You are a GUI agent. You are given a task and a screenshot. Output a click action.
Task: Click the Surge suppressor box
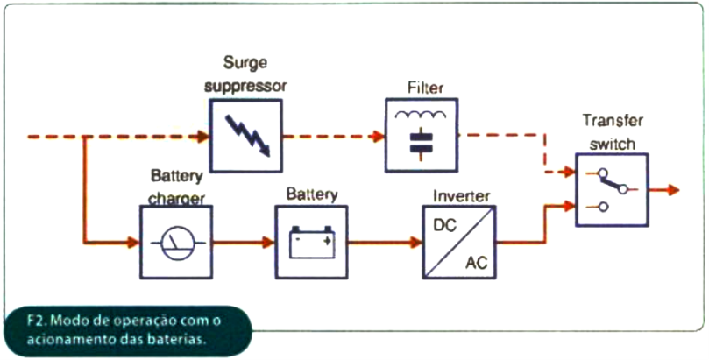(x=246, y=135)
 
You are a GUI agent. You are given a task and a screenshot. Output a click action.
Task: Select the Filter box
(x=422, y=135)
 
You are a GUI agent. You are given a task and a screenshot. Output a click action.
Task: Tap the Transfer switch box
(x=612, y=189)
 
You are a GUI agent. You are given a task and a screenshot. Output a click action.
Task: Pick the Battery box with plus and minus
(x=312, y=242)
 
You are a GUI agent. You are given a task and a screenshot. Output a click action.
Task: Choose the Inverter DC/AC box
(x=458, y=242)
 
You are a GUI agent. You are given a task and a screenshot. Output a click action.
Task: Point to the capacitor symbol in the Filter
(x=422, y=143)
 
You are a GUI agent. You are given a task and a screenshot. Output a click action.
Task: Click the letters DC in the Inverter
(x=444, y=225)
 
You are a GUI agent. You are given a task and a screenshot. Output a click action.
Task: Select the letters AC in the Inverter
(x=476, y=261)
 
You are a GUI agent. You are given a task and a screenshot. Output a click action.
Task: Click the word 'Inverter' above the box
(x=457, y=195)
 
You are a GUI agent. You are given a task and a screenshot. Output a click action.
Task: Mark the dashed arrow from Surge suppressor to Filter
(x=333, y=136)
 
